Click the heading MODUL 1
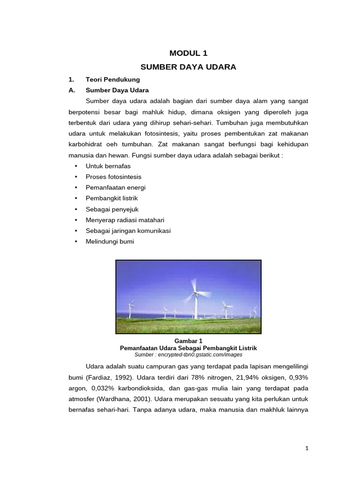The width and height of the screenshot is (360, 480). [188, 53]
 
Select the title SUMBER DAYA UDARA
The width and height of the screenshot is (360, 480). [188, 67]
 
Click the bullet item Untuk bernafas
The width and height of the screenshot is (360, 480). [108, 166]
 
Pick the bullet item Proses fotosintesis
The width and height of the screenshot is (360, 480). [113, 177]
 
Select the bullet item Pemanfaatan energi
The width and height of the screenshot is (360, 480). [116, 187]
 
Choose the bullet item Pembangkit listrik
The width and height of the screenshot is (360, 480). [112, 198]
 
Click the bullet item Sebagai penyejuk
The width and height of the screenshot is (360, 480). [112, 209]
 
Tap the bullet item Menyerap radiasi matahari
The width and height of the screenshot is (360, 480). [125, 220]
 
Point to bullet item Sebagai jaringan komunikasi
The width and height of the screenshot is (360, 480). [128, 231]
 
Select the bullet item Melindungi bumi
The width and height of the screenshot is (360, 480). [110, 241]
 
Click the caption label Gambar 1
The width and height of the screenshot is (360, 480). [188, 341]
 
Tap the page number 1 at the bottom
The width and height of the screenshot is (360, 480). [307, 448]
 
